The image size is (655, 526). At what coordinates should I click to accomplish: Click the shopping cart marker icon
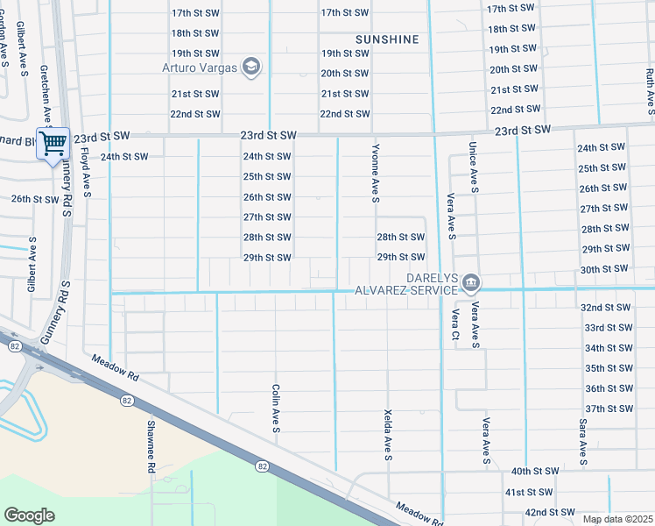pos(53,143)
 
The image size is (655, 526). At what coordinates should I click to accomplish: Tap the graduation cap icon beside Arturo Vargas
pos(251,68)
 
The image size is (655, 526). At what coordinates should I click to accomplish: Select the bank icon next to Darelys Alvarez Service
pos(471,281)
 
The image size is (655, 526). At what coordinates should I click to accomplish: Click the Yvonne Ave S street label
pos(375,174)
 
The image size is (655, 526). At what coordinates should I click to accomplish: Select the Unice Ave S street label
pos(473,167)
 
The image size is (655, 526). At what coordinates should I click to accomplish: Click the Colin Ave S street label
pos(275,409)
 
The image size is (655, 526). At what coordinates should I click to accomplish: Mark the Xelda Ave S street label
pos(387,433)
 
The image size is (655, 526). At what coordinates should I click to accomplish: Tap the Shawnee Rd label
pos(151,446)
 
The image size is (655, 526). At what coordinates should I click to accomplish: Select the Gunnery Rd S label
pos(65,308)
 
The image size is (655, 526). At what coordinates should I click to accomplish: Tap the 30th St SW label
pos(604,269)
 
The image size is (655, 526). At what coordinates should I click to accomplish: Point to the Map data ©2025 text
pos(617,519)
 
